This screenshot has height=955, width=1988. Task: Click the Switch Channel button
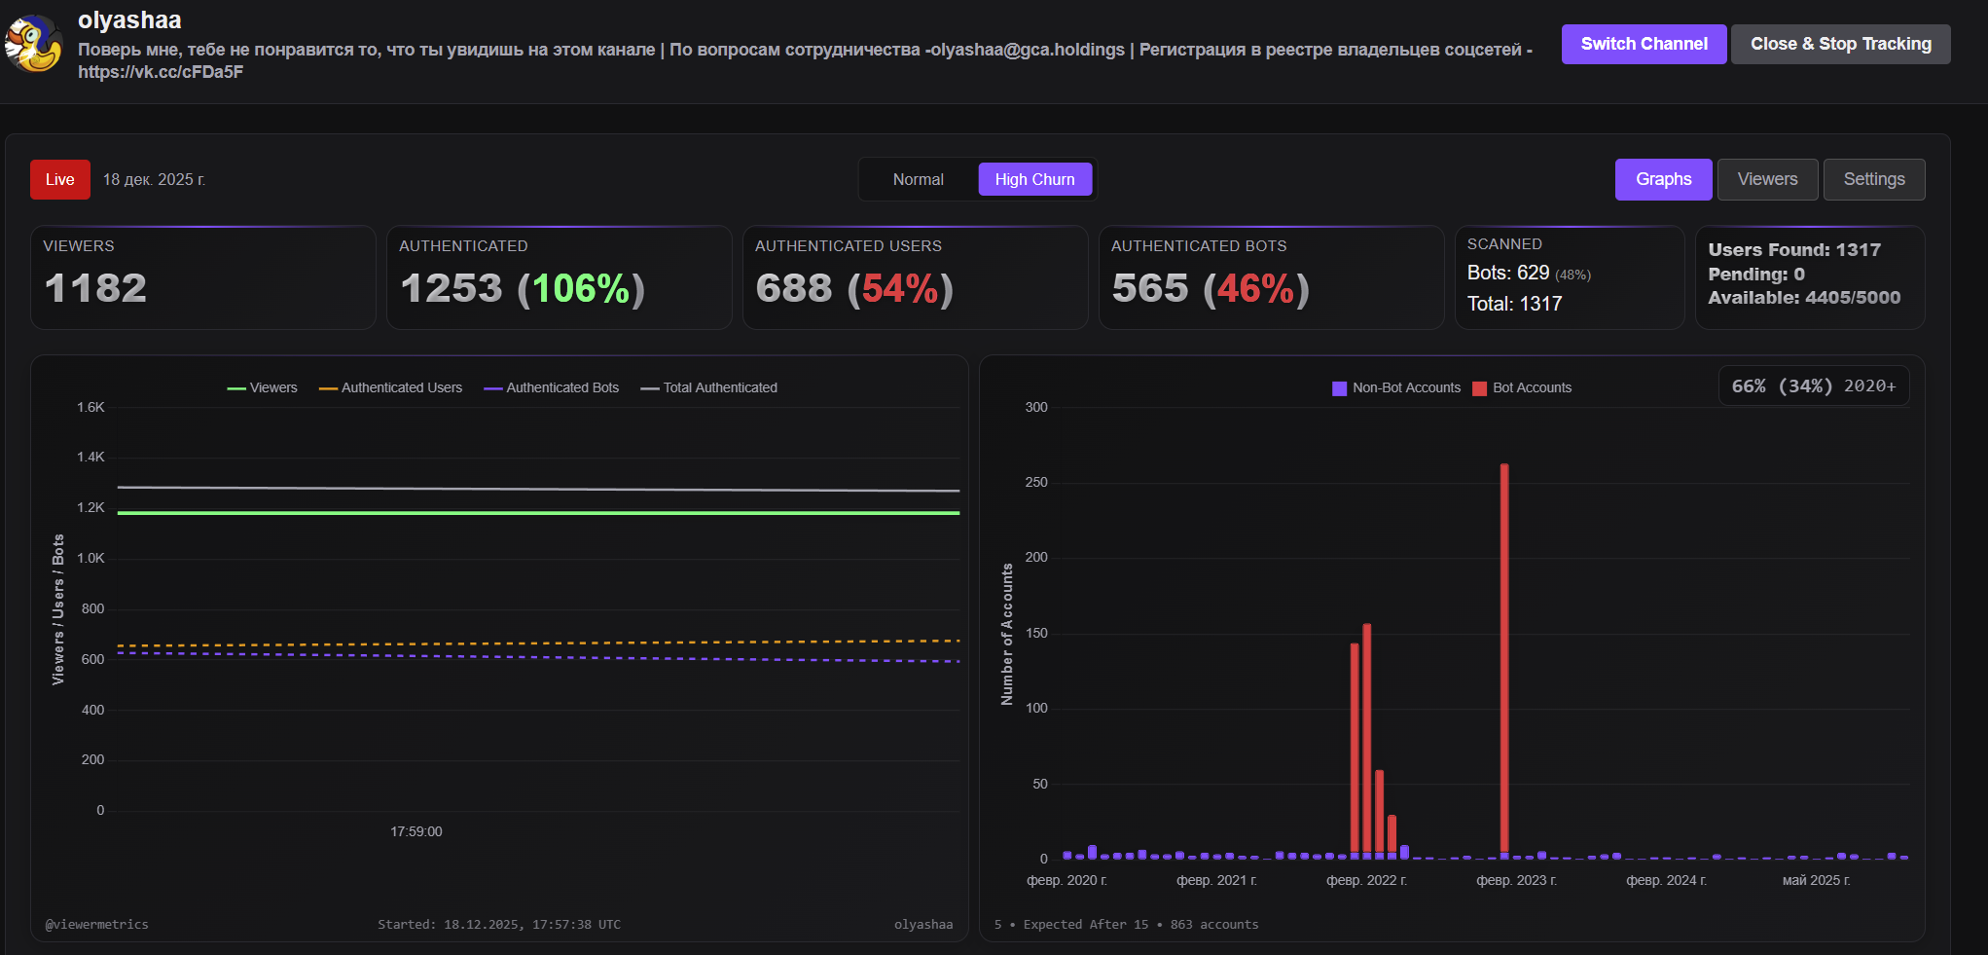pos(1644,44)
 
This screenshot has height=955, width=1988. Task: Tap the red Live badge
pos(60,179)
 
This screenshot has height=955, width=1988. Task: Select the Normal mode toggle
pos(918,179)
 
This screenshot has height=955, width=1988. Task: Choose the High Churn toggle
pos(1034,179)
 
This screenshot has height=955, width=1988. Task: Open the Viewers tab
pos(1767,179)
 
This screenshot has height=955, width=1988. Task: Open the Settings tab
pos(1873,179)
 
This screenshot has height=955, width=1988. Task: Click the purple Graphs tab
pos(1663,179)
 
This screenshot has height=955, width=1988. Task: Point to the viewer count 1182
pos(95,288)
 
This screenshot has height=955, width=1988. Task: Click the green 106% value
pos(581,289)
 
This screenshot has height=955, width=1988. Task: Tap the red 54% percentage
pos(900,289)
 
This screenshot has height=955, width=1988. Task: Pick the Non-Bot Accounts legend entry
pos(1397,387)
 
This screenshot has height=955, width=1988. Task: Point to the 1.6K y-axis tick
pos(90,407)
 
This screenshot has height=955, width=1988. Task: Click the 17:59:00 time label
pos(416,831)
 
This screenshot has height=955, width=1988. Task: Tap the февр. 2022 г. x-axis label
pos(1366,880)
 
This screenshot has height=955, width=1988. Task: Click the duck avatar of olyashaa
pos(34,44)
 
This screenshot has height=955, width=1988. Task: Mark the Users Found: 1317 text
pos(1793,250)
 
